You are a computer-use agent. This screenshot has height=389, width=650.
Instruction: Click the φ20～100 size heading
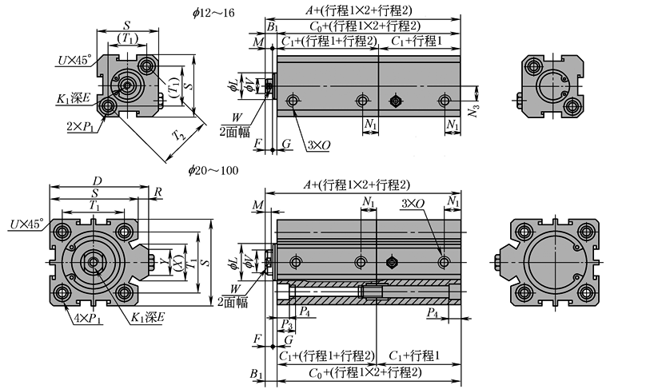point(213,170)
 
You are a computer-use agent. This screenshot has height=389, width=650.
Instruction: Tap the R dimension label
point(158,193)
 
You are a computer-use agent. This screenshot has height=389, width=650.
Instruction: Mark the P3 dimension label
point(286,322)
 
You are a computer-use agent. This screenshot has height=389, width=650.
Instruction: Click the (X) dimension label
point(177,262)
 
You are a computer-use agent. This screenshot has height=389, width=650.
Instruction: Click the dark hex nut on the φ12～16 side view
point(393,100)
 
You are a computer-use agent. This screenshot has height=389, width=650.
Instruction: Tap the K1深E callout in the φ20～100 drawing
point(148,318)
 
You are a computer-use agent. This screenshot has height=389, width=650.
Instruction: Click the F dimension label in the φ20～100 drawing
point(257,339)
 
